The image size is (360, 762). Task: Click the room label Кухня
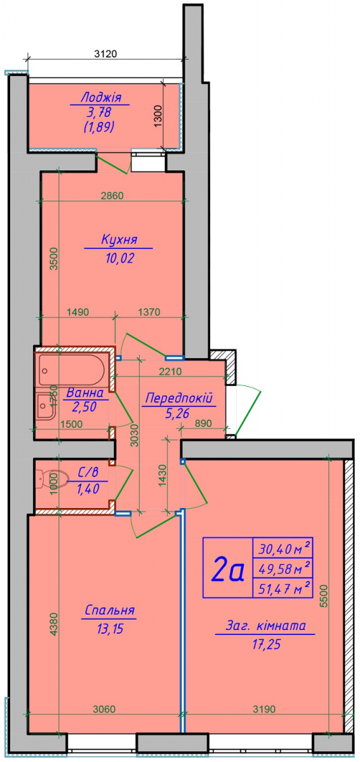tap(119, 239)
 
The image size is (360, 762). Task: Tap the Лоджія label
tap(101, 98)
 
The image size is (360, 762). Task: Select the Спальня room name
tap(110, 610)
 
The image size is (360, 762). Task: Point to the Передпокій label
tap(179, 398)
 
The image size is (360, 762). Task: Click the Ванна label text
tap(84, 393)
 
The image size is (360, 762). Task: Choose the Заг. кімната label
tap(266, 625)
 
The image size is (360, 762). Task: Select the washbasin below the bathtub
tap(46, 406)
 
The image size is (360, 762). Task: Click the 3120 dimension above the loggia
tap(105, 54)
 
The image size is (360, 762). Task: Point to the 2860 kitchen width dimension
tap(112, 196)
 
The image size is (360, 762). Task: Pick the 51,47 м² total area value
tap(284, 588)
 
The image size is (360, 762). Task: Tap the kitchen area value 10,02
tap(120, 258)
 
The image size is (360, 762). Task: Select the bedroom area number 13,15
tap(110, 629)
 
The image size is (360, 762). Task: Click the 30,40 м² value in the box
tap(284, 549)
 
